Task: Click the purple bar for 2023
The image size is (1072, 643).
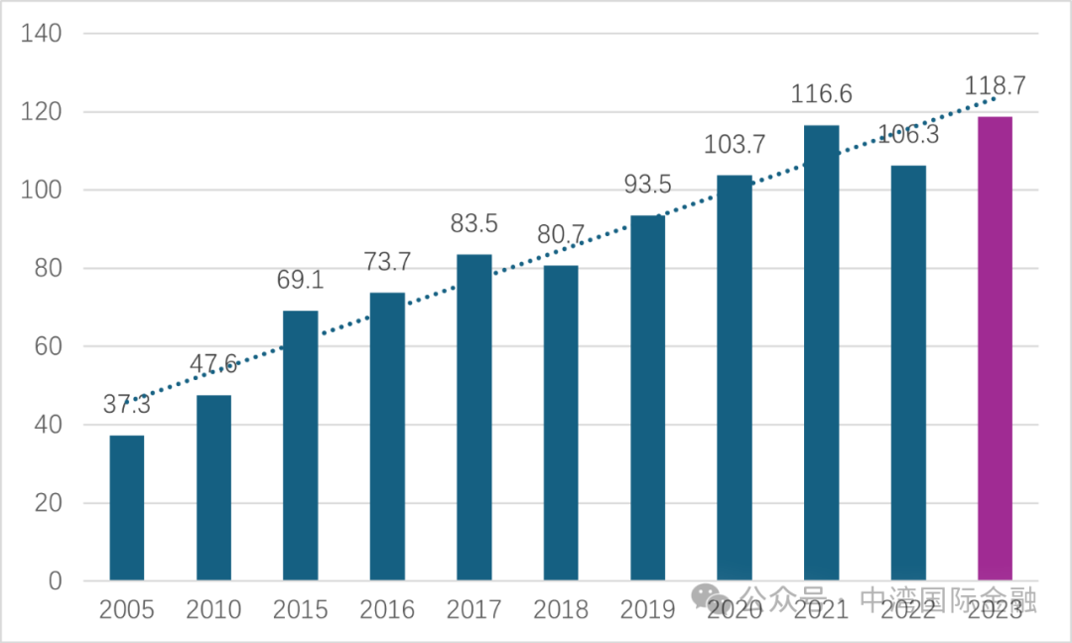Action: [995, 348]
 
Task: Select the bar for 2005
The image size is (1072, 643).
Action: [127, 507]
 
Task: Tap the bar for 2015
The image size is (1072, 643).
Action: [301, 446]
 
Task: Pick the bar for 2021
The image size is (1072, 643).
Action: [821, 352]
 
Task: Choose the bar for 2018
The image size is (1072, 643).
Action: [561, 423]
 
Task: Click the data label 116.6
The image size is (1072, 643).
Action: [821, 95]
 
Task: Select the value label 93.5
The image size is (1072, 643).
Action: [648, 186]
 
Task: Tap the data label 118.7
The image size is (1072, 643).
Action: [995, 86]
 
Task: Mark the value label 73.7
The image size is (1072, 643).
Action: [387, 263]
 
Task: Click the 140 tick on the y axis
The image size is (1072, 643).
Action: [42, 34]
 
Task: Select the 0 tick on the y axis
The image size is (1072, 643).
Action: [55, 581]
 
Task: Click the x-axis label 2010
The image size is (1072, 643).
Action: [213, 609]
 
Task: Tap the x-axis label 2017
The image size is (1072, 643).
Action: [473, 609]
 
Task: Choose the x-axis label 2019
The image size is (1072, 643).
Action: [647, 609]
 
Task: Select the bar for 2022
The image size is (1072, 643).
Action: [907, 373]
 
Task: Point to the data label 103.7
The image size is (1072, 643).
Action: [735, 145]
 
